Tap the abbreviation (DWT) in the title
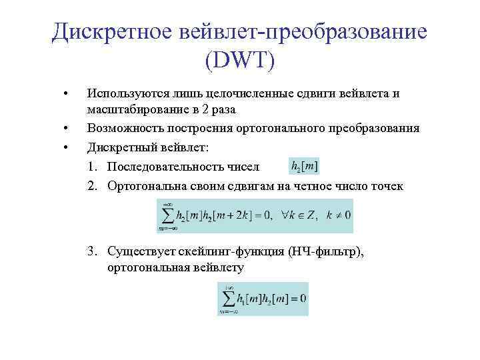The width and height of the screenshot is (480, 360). (240, 61)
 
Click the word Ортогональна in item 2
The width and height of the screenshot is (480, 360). (147, 186)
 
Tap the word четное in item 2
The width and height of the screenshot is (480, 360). (317, 186)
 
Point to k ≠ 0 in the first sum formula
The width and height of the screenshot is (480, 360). (339, 215)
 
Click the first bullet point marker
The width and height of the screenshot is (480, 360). (64, 93)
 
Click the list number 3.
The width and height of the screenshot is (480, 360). (89, 251)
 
